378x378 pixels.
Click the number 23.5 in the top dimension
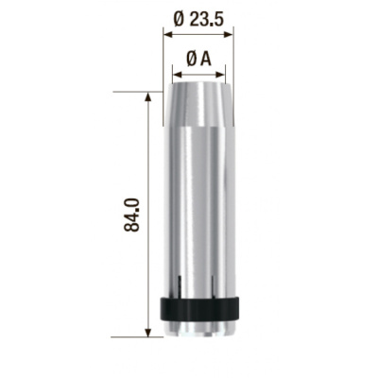[207, 21]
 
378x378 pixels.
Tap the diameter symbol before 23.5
[180, 21]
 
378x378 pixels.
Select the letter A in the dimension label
[205, 60]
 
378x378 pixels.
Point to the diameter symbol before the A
[192, 60]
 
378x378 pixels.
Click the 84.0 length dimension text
[131, 215]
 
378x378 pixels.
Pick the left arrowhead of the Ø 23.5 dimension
[168, 34]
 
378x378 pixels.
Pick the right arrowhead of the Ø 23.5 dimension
[228, 34]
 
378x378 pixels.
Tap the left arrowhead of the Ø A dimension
[178, 75]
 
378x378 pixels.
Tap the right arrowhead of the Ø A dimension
[220, 75]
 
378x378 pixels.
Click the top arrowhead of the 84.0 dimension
[147, 97]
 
